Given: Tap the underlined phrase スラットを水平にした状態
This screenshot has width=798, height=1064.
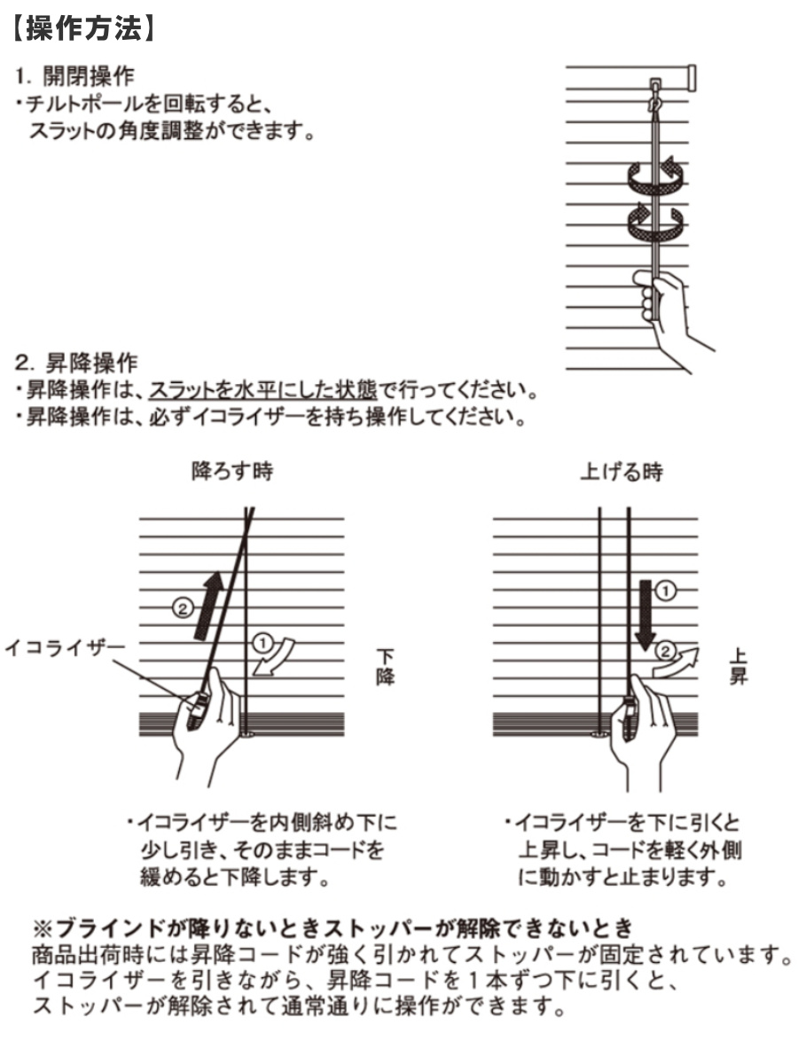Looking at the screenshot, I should (x=263, y=390).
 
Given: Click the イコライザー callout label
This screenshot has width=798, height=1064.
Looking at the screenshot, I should (x=65, y=647).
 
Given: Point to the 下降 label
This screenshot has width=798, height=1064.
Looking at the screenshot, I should (x=387, y=666).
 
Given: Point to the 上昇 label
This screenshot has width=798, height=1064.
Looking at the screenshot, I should (x=737, y=666).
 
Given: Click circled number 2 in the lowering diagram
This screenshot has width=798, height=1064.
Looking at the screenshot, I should (x=182, y=608).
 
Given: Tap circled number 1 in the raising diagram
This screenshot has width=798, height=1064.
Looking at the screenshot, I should (x=669, y=589).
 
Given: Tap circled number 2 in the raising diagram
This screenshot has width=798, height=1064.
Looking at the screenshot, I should (x=663, y=651).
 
